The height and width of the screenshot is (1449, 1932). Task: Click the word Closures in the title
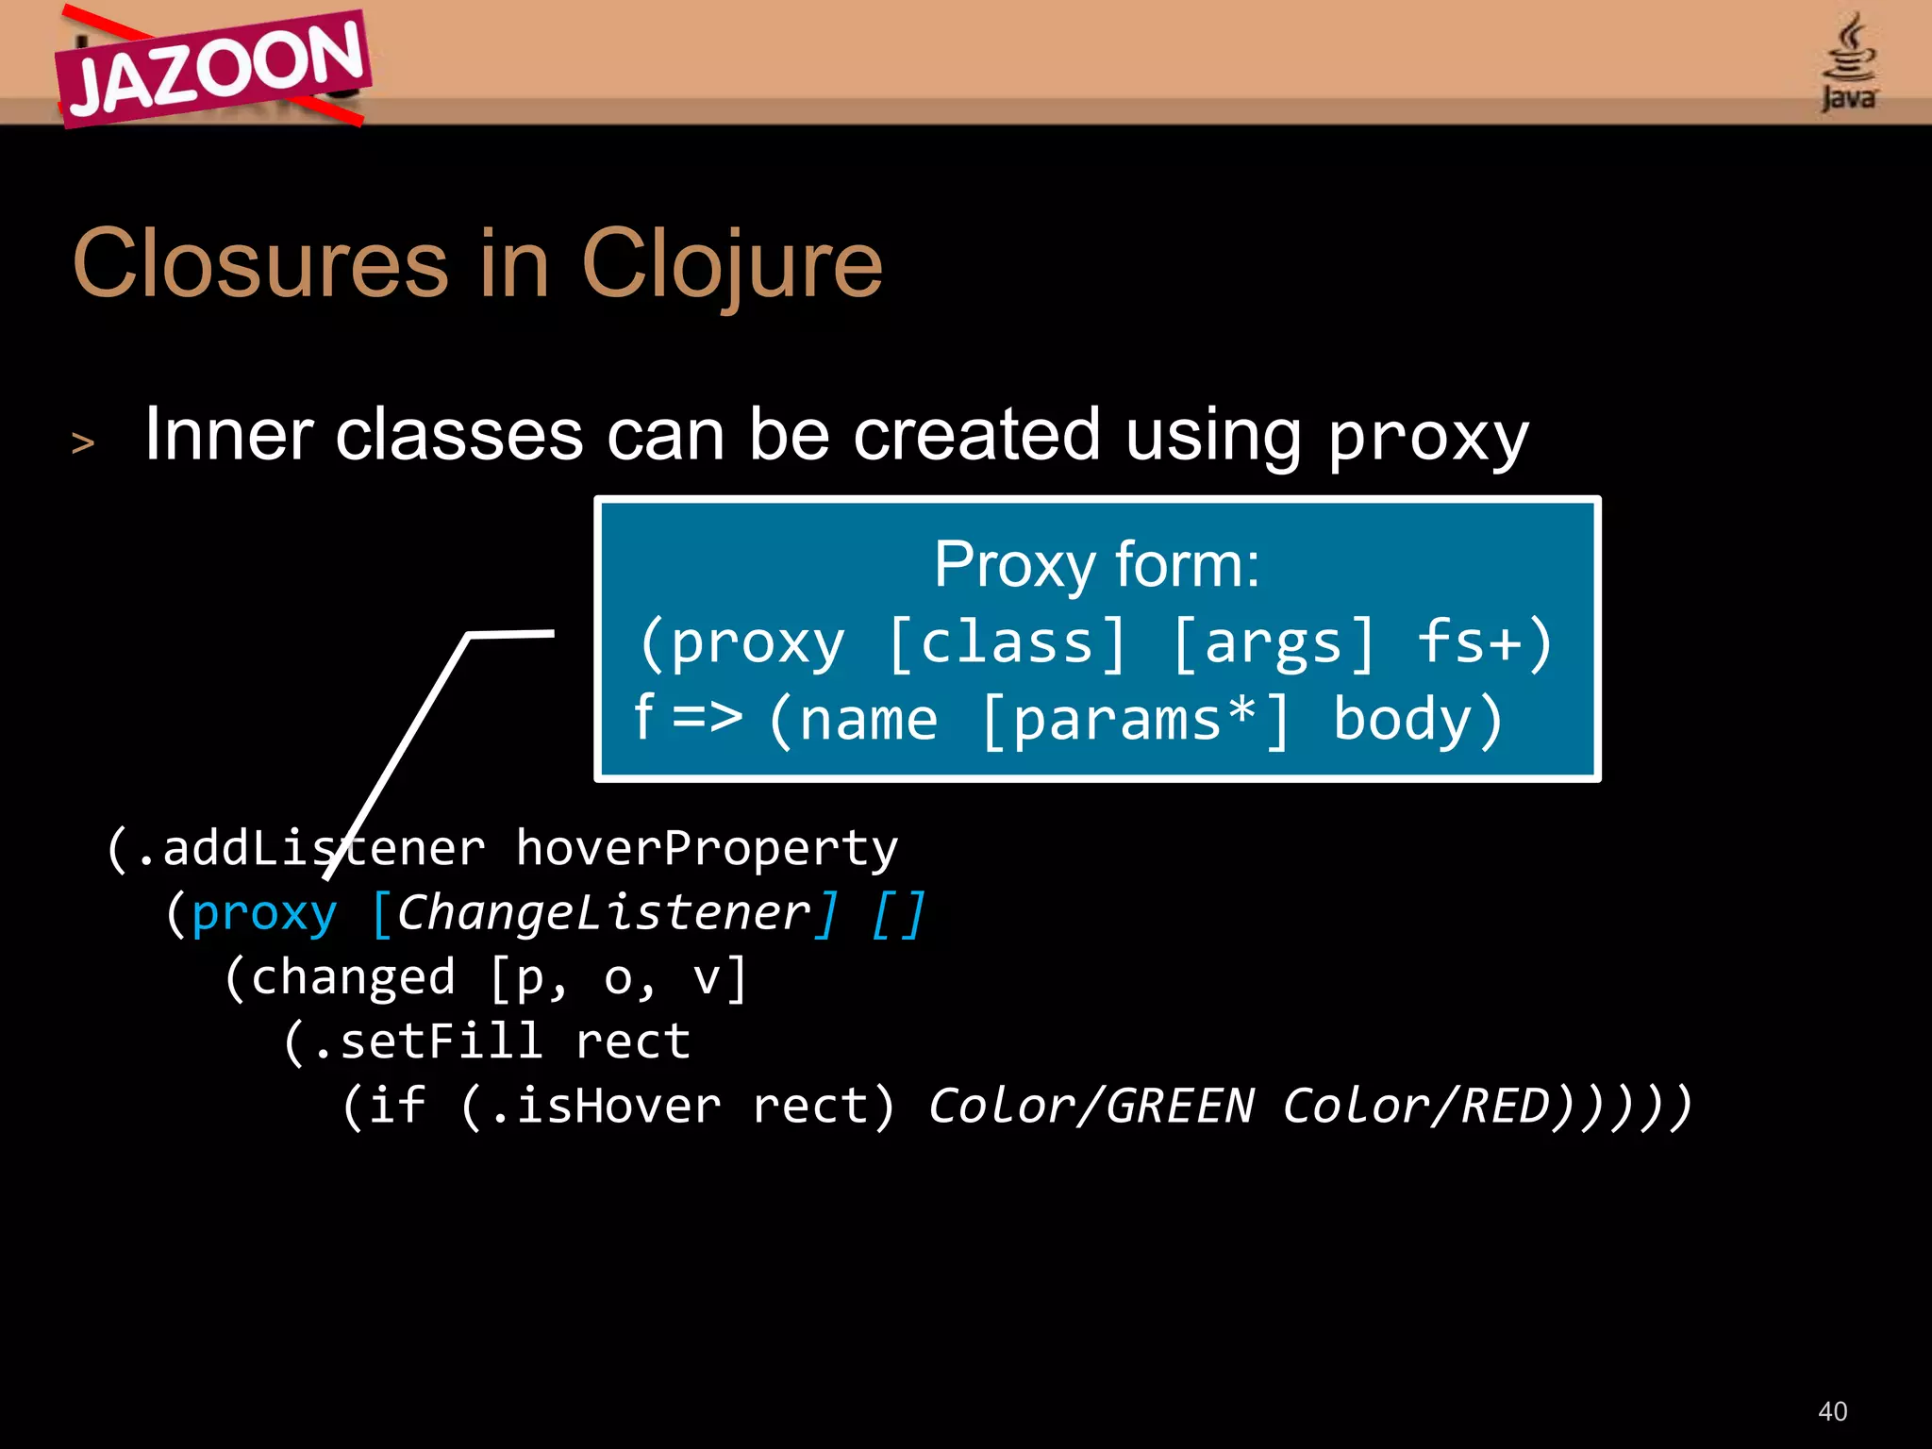click(x=259, y=265)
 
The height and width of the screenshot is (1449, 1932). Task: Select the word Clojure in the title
click(x=732, y=265)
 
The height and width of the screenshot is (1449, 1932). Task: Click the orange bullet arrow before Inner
click(x=83, y=442)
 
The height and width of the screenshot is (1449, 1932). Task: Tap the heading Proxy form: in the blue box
click(x=1096, y=565)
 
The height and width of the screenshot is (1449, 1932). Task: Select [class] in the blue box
click(x=1008, y=643)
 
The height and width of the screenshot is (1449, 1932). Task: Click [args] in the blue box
click(x=1274, y=643)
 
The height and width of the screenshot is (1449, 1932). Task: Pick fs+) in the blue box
click(x=1485, y=643)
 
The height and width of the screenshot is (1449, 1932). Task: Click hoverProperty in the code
click(x=707, y=849)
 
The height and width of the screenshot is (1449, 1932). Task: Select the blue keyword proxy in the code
click(x=264, y=913)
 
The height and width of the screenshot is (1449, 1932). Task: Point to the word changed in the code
click(x=353, y=977)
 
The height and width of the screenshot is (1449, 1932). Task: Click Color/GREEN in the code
click(x=1091, y=1106)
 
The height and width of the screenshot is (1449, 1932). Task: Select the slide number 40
click(x=1832, y=1411)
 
